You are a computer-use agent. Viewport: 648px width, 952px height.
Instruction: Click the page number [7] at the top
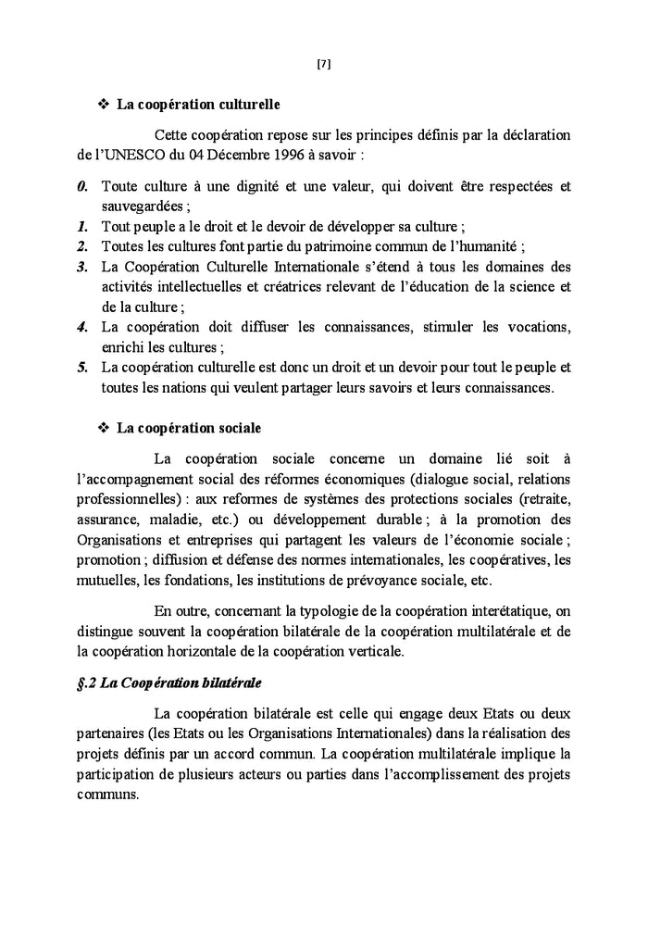[x=323, y=64]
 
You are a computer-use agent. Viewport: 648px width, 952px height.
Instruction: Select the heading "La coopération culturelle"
[x=197, y=106]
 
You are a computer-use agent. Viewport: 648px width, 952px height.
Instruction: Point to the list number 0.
[x=82, y=187]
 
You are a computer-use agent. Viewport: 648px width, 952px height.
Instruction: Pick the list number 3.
[x=82, y=267]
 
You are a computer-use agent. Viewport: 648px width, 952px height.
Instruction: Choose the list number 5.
[x=82, y=368]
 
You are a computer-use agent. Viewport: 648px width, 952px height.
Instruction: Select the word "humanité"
[x=490, y=246]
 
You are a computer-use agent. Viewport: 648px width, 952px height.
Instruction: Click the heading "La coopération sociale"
[x=188, y=428]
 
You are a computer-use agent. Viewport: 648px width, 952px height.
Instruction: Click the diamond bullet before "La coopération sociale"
[x=103, y=428]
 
